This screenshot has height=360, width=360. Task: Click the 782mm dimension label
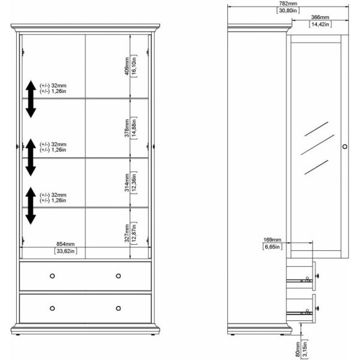[288, 4]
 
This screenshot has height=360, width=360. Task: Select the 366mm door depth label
[320, 17]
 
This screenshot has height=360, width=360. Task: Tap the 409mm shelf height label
[127, 66]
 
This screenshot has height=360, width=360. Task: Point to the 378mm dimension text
[127, 128]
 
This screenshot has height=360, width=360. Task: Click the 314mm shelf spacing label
[127, 182]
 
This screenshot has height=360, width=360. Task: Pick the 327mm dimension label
[127, 233]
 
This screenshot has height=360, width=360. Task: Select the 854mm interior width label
[65, 244]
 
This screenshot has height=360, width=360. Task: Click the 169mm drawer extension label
[272, 239]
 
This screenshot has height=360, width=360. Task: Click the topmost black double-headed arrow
[31, 99]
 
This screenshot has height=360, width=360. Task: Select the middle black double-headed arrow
[31, 157]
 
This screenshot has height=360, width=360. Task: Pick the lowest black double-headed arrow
[31, 206]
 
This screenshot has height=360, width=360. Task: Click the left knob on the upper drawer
[52, 276]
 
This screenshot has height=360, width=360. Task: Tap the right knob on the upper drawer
[118, 276]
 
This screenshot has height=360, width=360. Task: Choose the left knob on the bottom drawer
[52, 308]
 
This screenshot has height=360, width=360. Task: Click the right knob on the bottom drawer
[118, 308]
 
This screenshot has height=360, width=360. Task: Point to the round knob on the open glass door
[345, 146]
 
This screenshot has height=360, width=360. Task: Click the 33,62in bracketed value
[65, 251]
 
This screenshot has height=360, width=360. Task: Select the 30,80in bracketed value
[288, 10]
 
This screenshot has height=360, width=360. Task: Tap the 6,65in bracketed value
[272, 247]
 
